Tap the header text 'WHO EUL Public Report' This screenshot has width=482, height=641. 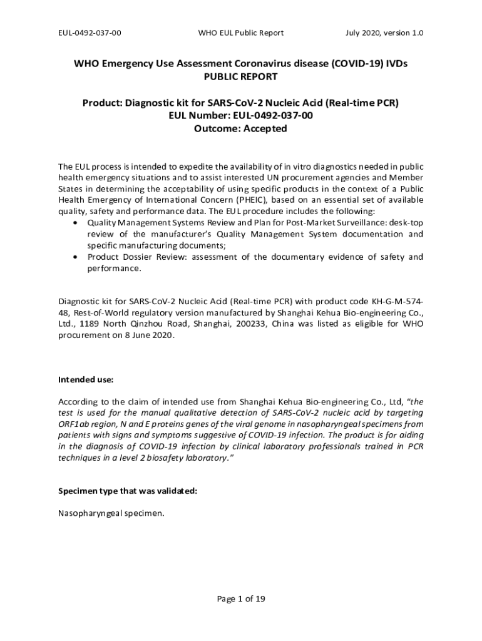[x=240, y=33]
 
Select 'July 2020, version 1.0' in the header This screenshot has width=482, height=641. [x=384, y=33]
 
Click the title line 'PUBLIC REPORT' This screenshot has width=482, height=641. [x=240, y=77]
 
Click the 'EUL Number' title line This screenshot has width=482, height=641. [x=240, y=116]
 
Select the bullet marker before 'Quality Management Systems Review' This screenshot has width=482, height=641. [x=76, y=223]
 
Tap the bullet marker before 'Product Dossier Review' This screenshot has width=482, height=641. [x=76, y=257]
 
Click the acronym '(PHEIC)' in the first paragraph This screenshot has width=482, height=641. [x=253, y=200]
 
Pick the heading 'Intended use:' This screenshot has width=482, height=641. [x=86, y=380]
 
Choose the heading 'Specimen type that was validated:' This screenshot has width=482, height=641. [x=128, y=491]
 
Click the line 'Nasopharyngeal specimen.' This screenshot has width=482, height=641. [x=111, y=514]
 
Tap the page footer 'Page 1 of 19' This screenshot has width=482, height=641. [x=241, y=599]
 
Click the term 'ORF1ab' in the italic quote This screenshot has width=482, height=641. [x=74, y=424]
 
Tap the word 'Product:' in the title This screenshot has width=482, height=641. [x=104, y=103]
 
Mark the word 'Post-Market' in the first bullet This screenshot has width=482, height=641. [x=301, y=223]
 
